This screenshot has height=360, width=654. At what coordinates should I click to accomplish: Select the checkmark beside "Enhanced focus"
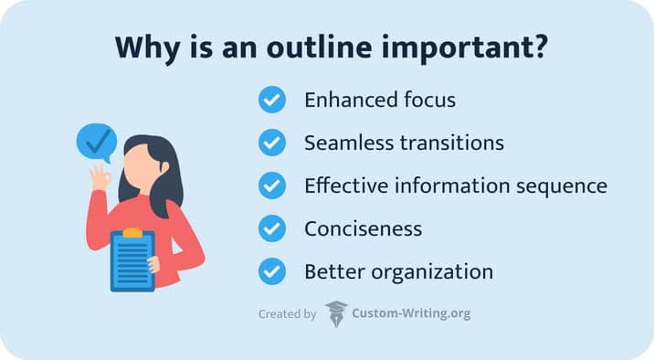coord(272,100)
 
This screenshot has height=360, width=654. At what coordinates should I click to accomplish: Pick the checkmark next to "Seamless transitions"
coord(272,143)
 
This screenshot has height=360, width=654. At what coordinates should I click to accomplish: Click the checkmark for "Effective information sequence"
coord(272,185)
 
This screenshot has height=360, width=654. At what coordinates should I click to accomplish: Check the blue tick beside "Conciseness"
coord(272,228)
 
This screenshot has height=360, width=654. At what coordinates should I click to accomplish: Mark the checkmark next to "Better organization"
coord(272,271)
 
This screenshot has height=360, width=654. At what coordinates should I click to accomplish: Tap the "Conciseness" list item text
coord(363,228)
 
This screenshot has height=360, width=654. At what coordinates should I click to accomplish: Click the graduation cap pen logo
coord(336,313)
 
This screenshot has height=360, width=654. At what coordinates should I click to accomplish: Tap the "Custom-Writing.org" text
coord(411,314)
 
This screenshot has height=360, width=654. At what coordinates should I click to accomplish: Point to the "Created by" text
coord(287,314)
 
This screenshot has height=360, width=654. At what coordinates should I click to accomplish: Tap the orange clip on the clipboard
coord(132,233)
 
